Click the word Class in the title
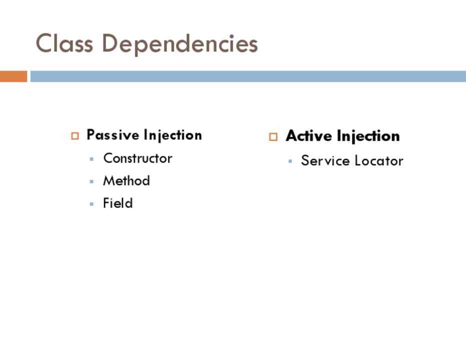64,43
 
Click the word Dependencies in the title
180,44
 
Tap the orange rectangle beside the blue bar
13,76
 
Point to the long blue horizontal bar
248,76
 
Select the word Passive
112,134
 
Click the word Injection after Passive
172,135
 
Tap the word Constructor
137,158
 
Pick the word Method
126,180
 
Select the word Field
117,203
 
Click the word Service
325,160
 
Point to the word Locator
379,161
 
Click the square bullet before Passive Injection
75,136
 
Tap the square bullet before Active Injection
273,136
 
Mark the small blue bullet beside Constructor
91,159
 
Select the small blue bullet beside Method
91,181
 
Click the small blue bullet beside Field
91,204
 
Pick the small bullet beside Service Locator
290,161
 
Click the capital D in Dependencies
110,43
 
